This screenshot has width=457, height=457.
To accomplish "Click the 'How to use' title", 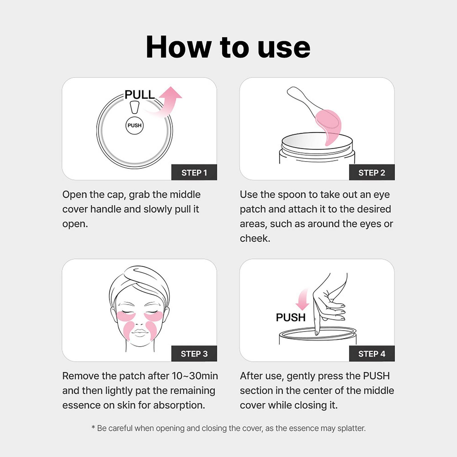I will pos(228,47).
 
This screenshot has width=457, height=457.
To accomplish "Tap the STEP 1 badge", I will pos(194,173).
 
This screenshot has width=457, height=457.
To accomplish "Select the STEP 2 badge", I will pos(372,173).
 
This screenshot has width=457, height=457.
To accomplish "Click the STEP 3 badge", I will pos(194,354).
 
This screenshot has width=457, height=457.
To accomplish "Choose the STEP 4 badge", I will pos(372,354).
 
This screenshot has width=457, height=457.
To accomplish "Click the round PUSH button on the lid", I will pos(135,125).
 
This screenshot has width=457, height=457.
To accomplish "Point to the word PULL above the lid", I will pos(140,95).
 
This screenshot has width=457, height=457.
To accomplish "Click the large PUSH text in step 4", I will pos(290,317).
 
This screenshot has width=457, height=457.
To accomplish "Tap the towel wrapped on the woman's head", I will pos(140,278).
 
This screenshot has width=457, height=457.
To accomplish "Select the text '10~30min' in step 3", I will pos(195,376).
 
